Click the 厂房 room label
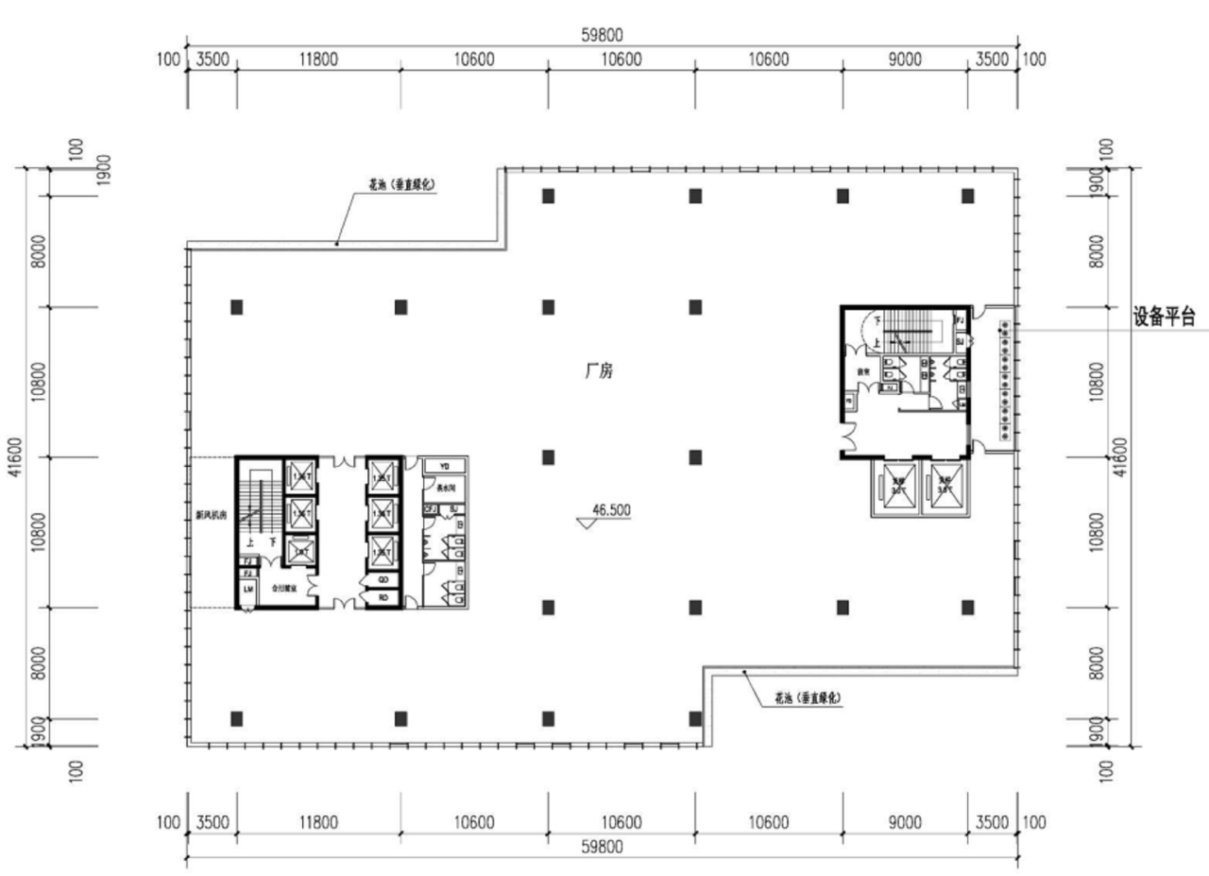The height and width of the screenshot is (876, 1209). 599,372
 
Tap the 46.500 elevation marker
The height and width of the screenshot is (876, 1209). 610,510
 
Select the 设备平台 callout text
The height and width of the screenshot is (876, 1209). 1164,318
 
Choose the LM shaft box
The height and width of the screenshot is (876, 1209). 248,589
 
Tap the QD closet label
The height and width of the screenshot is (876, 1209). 383,579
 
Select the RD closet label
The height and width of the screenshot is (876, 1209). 383,597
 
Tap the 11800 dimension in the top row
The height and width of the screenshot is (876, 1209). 317,60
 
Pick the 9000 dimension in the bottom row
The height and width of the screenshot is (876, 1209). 904,822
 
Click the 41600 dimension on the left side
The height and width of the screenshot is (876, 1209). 16,458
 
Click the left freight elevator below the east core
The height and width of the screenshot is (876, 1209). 896,489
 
